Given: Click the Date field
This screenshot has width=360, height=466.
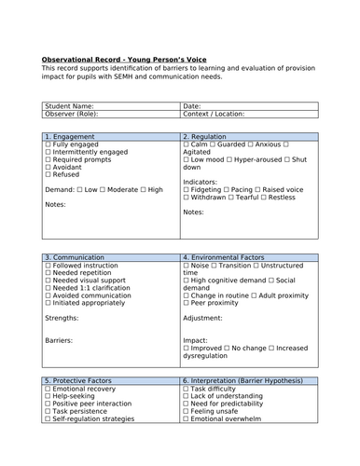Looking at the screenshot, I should point(250,106).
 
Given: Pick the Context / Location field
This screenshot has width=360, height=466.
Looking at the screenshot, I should point(250,115).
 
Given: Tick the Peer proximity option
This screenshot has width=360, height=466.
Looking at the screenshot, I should point(187,302).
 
